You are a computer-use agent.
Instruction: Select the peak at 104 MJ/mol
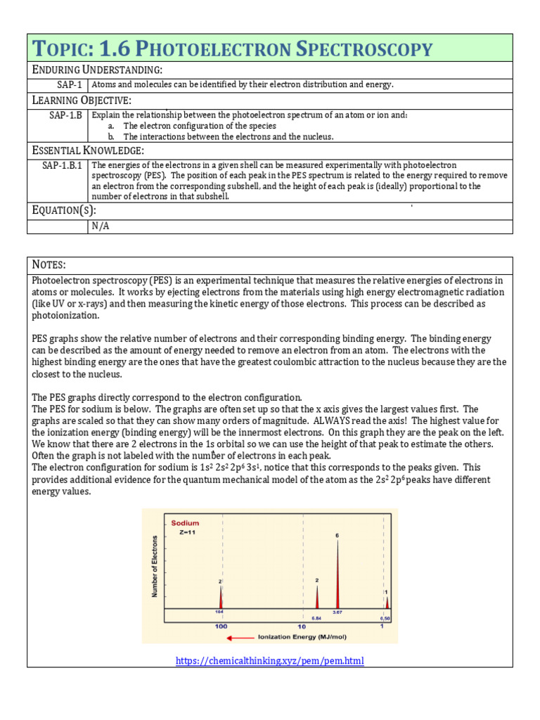(221, 598)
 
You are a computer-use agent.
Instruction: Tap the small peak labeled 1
(387, 603)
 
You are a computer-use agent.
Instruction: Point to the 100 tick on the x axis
(221, 626)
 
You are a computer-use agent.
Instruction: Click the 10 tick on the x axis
(301, 626)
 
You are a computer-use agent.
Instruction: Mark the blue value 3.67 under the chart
(337, 613)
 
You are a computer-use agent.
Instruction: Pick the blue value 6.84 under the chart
(316, 617)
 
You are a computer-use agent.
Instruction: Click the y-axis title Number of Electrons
(155, 567)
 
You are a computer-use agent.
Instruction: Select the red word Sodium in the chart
(185, 522)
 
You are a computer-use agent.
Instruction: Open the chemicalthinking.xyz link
(270, 661)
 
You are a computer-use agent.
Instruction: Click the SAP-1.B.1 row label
(57, 166)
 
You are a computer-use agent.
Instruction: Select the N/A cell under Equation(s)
(99, 226)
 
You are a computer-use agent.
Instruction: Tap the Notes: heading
(49, 264)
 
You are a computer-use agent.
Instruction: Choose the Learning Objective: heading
(82, 101)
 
